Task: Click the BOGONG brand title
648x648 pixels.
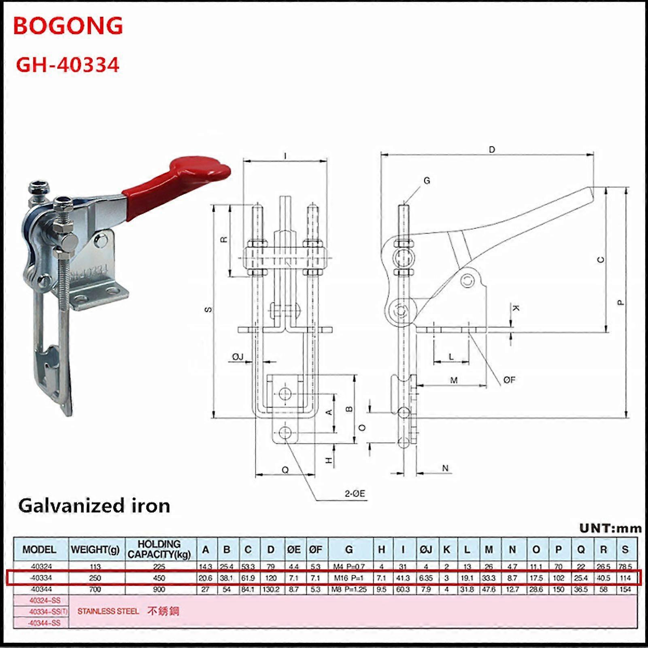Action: [68, 26]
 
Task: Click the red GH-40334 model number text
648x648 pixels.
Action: [68, 65]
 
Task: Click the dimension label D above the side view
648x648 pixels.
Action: [492, 150]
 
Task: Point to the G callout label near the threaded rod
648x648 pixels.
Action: [427, 181]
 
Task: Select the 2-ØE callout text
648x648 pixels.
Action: [355, 493]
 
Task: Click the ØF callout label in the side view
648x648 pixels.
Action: [509, 380]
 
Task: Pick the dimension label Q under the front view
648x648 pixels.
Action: [285, 470]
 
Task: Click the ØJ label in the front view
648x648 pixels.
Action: [238, 357]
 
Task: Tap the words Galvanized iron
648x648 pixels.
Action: [94, 506]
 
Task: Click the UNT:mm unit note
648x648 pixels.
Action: [610, 528]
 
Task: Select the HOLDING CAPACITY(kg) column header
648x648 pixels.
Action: [159, 549]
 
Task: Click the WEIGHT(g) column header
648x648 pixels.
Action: [96, 550]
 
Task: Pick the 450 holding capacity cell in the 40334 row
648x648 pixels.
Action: [159, 578]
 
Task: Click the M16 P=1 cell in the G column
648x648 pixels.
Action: [349, 578]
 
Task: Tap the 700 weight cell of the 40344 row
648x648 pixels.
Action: [95, 589]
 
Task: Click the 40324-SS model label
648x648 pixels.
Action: [45, 600]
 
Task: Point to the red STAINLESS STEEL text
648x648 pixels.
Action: [108, 611]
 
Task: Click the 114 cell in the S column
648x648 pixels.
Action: [625, 578]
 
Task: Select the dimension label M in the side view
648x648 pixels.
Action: [454, 380]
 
